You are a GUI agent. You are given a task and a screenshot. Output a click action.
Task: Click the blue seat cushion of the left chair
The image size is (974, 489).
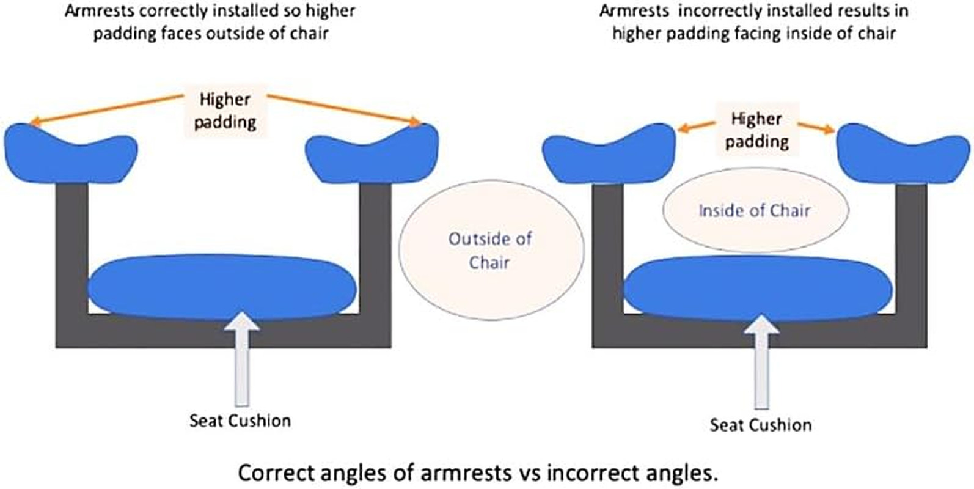(x=222, y=287)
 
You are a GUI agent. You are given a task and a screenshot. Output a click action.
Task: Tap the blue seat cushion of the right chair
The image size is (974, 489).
(x=758, y=289)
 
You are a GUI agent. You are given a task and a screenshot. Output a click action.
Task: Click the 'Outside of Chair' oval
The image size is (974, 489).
(x=491, y=250)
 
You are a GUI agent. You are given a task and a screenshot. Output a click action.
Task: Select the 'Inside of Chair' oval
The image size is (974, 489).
(x=755, y=210)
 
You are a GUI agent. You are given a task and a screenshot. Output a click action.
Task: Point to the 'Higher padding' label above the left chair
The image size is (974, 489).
(x=225, y=111)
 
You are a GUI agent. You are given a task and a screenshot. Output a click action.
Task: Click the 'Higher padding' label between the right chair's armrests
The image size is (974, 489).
(x=757, y=130)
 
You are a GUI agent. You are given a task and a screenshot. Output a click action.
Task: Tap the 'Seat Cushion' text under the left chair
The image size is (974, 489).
(x=240, y=421)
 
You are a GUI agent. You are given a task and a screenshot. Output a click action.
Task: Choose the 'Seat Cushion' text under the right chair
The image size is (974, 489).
(x=761, y=425)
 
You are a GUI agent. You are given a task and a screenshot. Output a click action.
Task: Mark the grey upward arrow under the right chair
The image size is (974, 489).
(x=761, y=362)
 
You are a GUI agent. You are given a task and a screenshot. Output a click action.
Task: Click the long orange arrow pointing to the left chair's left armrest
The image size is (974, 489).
(x=106, y=110)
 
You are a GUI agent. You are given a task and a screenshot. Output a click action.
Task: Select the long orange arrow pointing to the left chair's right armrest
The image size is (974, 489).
(x=345, y=110)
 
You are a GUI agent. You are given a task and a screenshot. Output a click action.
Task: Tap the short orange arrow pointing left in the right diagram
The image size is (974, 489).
(x=697, y=127)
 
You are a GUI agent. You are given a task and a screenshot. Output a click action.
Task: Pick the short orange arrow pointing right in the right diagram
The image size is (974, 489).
(x=816, y=128)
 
